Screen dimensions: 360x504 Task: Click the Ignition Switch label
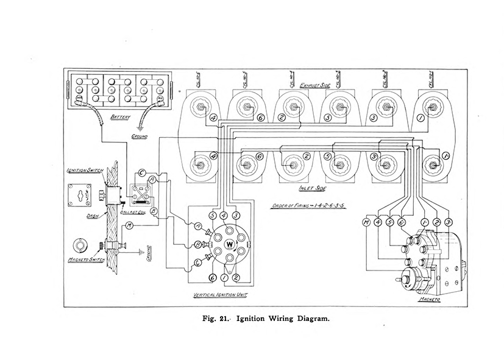click(83, 171)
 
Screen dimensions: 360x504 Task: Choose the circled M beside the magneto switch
click(129, 227)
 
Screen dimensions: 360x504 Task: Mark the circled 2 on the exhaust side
click(282, 117)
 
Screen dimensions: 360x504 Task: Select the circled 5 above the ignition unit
click(212, 216)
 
